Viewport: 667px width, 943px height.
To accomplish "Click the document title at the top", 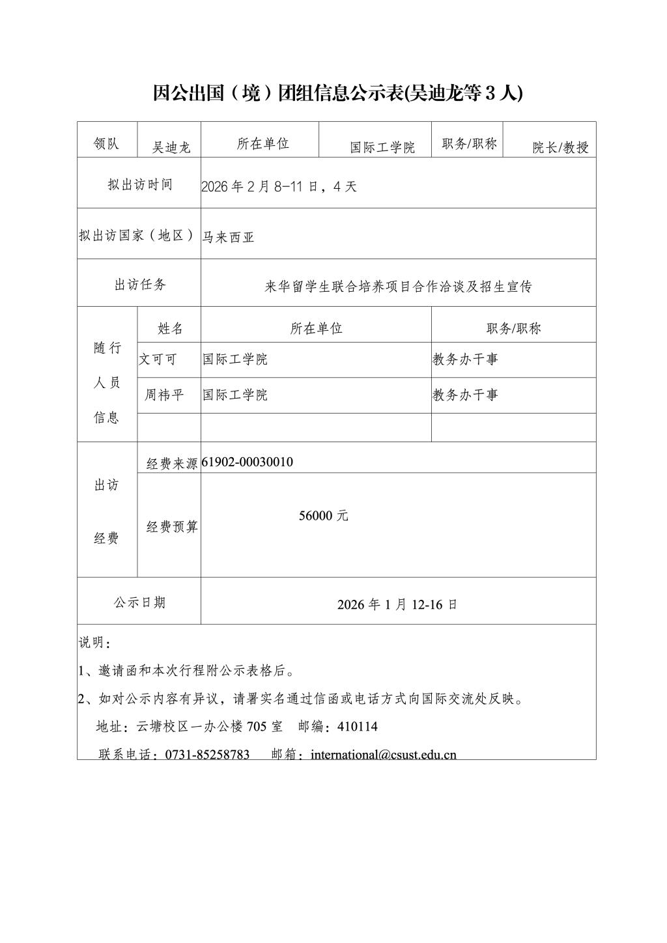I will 337,93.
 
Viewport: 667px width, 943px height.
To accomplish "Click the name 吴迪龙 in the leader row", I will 171,147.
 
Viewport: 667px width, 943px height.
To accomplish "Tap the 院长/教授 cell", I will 560,147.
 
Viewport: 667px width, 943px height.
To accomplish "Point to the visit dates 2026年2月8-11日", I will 279,186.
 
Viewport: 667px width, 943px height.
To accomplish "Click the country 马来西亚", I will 228,237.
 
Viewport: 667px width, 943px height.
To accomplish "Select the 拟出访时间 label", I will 140,184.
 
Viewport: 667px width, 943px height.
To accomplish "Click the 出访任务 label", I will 140,285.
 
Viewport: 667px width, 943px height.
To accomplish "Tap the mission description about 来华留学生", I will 398,287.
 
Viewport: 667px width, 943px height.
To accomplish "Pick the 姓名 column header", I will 170,328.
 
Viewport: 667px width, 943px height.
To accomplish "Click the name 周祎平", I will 164,395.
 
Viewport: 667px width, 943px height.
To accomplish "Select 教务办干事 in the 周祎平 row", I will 465,395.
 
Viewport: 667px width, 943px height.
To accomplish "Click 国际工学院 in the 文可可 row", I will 234,359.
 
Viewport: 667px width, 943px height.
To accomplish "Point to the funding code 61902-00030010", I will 248,462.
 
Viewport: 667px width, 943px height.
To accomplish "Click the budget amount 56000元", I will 324,515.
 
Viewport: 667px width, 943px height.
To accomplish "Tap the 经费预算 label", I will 172,527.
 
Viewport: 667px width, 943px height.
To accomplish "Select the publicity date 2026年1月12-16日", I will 397,604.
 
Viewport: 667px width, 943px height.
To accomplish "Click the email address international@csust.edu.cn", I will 384,754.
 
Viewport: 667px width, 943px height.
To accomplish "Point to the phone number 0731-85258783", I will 207,754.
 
